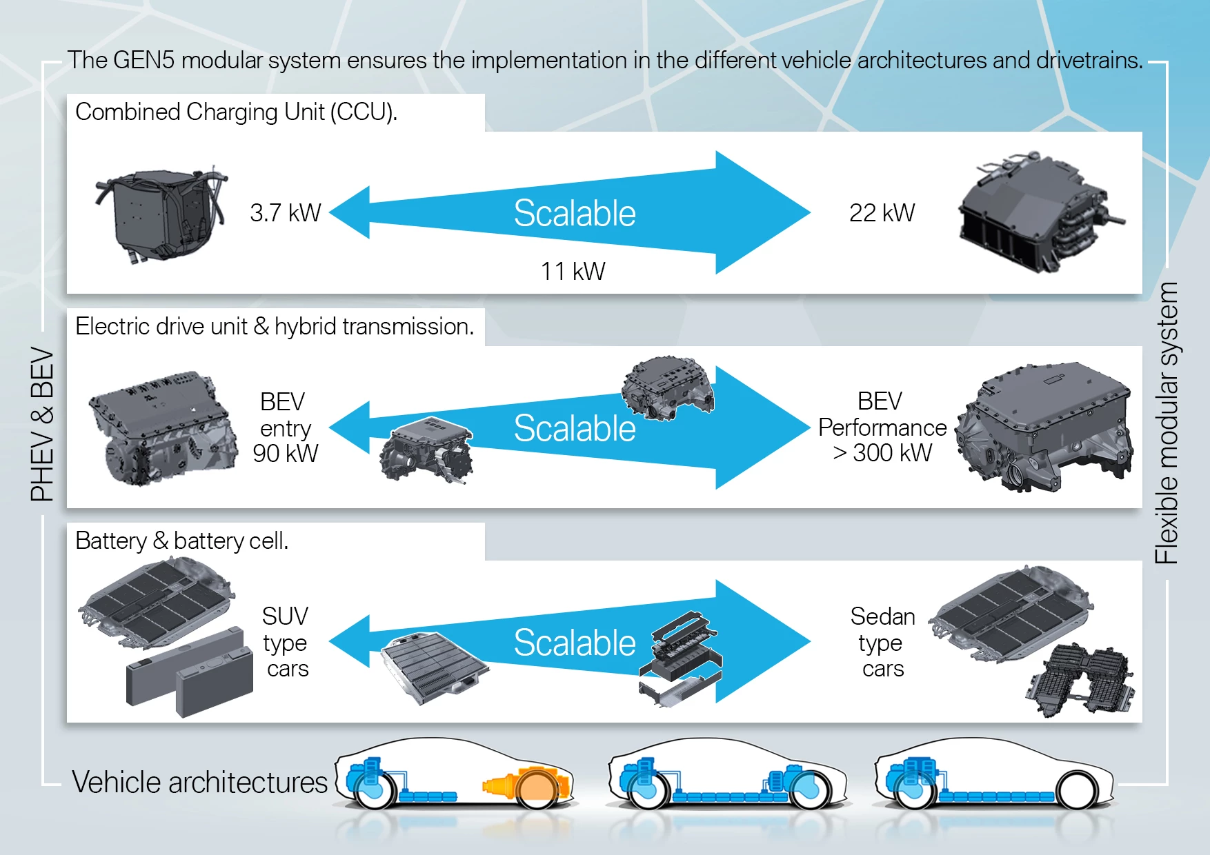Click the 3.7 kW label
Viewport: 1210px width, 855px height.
click(x=285, y=213)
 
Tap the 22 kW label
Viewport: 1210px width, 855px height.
click(x=881, y=213)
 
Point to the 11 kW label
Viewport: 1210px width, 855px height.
click(x=572, y=272)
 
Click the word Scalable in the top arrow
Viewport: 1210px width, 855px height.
click(x=574, y=213)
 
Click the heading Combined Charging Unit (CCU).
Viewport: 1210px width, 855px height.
click(x=236, y=112)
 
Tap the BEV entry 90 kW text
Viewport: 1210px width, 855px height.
click(x=285, y=428)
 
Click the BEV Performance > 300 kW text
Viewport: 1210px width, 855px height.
click(x=882, y=428)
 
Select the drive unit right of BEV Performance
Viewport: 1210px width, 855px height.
click(x=1044, y=428)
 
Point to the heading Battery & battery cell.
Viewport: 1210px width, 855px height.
click(x=181, y=541)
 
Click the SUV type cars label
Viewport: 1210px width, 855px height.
click(x=286, y=642)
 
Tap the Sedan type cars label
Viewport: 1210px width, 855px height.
click(x=882, y=642)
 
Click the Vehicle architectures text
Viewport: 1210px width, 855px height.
click(x=199, y=783)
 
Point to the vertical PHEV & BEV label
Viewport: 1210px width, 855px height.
click(x=42, y=424)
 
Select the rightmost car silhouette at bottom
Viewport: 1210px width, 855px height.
click(x=993, y=776)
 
